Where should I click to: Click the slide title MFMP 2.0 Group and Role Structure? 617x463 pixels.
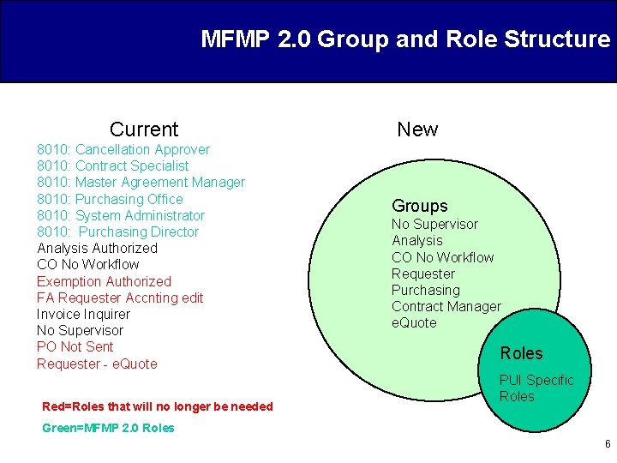(x=405, y=39)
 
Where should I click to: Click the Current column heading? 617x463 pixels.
(x=144, y=129)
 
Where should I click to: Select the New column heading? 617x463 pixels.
(x=417, y=129)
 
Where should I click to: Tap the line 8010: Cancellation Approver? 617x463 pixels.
(x=123, y=149)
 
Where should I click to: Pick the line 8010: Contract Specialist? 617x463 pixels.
(x=113, y=165)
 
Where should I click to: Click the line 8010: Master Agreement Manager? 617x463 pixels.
(x=141, y=182)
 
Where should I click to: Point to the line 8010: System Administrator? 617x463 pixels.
(x=121, y=215)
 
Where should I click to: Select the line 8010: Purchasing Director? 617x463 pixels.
(x=117, y=231)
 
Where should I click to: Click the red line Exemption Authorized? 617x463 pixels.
(x=104, y=281)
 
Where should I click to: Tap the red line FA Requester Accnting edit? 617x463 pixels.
(x=120, y=298)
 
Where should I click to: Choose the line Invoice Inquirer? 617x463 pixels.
(x=83, y=314)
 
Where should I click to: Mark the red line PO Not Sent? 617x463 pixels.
(x=75, y=346)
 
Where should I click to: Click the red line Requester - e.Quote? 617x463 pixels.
(x=97, y=364)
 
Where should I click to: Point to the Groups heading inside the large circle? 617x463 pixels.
(x=420, y=206)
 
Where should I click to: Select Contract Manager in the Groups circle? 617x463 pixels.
(x=446, y=306)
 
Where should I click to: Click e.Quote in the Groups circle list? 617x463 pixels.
(x=414, y=322)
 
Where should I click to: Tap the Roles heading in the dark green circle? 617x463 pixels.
(x=521, y=353)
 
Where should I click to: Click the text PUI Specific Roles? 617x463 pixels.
(x=536, y=388)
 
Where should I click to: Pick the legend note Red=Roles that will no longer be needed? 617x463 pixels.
(x=157, y=406)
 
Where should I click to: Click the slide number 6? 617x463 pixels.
(x=608, y=444)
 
